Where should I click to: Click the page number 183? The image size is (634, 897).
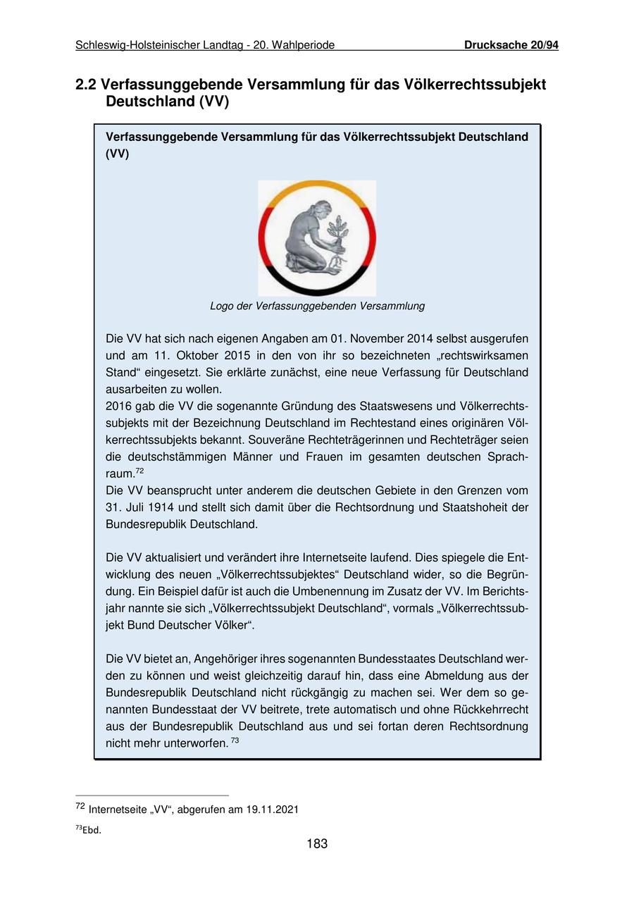coord(317,843)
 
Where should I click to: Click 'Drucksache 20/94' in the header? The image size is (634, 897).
coord(511,45)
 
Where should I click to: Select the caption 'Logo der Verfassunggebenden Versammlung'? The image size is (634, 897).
coord(317,306)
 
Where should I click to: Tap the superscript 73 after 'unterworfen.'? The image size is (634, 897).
coord(235,741)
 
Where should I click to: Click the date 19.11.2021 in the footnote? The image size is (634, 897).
coord(272,810)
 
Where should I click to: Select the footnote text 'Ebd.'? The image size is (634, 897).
coord(92,830)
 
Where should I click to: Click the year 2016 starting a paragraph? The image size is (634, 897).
coord(118,406)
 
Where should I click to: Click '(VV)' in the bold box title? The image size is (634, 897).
coord(117,154)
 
